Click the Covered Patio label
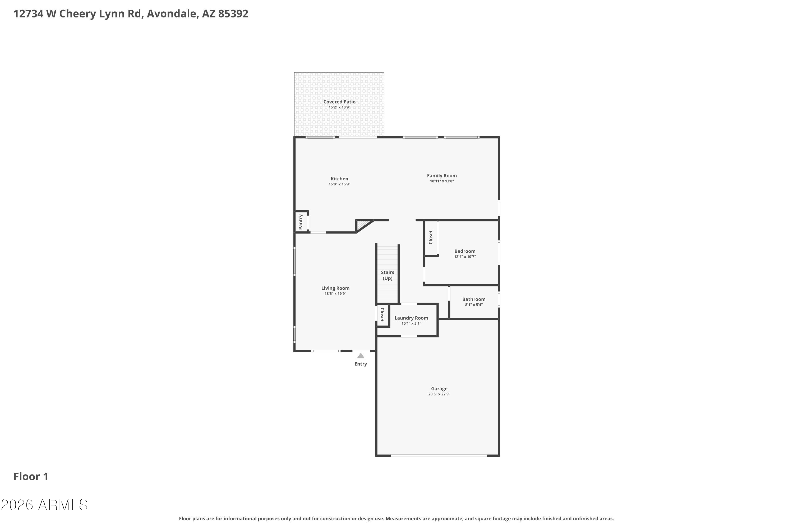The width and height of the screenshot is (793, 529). click(339, 102)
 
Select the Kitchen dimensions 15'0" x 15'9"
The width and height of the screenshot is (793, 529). click(339, 184)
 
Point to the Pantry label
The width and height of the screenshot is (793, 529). click(301, 222)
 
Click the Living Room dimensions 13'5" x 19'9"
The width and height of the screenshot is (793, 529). click(335, 294)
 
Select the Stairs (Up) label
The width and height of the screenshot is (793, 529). click(388, 275)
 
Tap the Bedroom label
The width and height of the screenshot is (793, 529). click(465, 251)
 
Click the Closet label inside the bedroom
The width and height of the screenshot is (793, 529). click(431, 237)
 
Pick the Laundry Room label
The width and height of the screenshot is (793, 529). click(411, 318)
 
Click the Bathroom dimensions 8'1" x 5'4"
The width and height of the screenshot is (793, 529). click(474, 305)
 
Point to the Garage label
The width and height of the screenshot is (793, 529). click(439, 388)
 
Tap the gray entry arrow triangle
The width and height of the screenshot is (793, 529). click(361, 356)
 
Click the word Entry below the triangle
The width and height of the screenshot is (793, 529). click(361, 364)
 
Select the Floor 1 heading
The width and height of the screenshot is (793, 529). click(31, 476)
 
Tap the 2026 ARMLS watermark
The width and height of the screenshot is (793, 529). click(44, 505)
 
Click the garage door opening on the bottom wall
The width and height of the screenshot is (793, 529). click(438, 455)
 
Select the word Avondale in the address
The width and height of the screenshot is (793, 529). click(172, 13)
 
